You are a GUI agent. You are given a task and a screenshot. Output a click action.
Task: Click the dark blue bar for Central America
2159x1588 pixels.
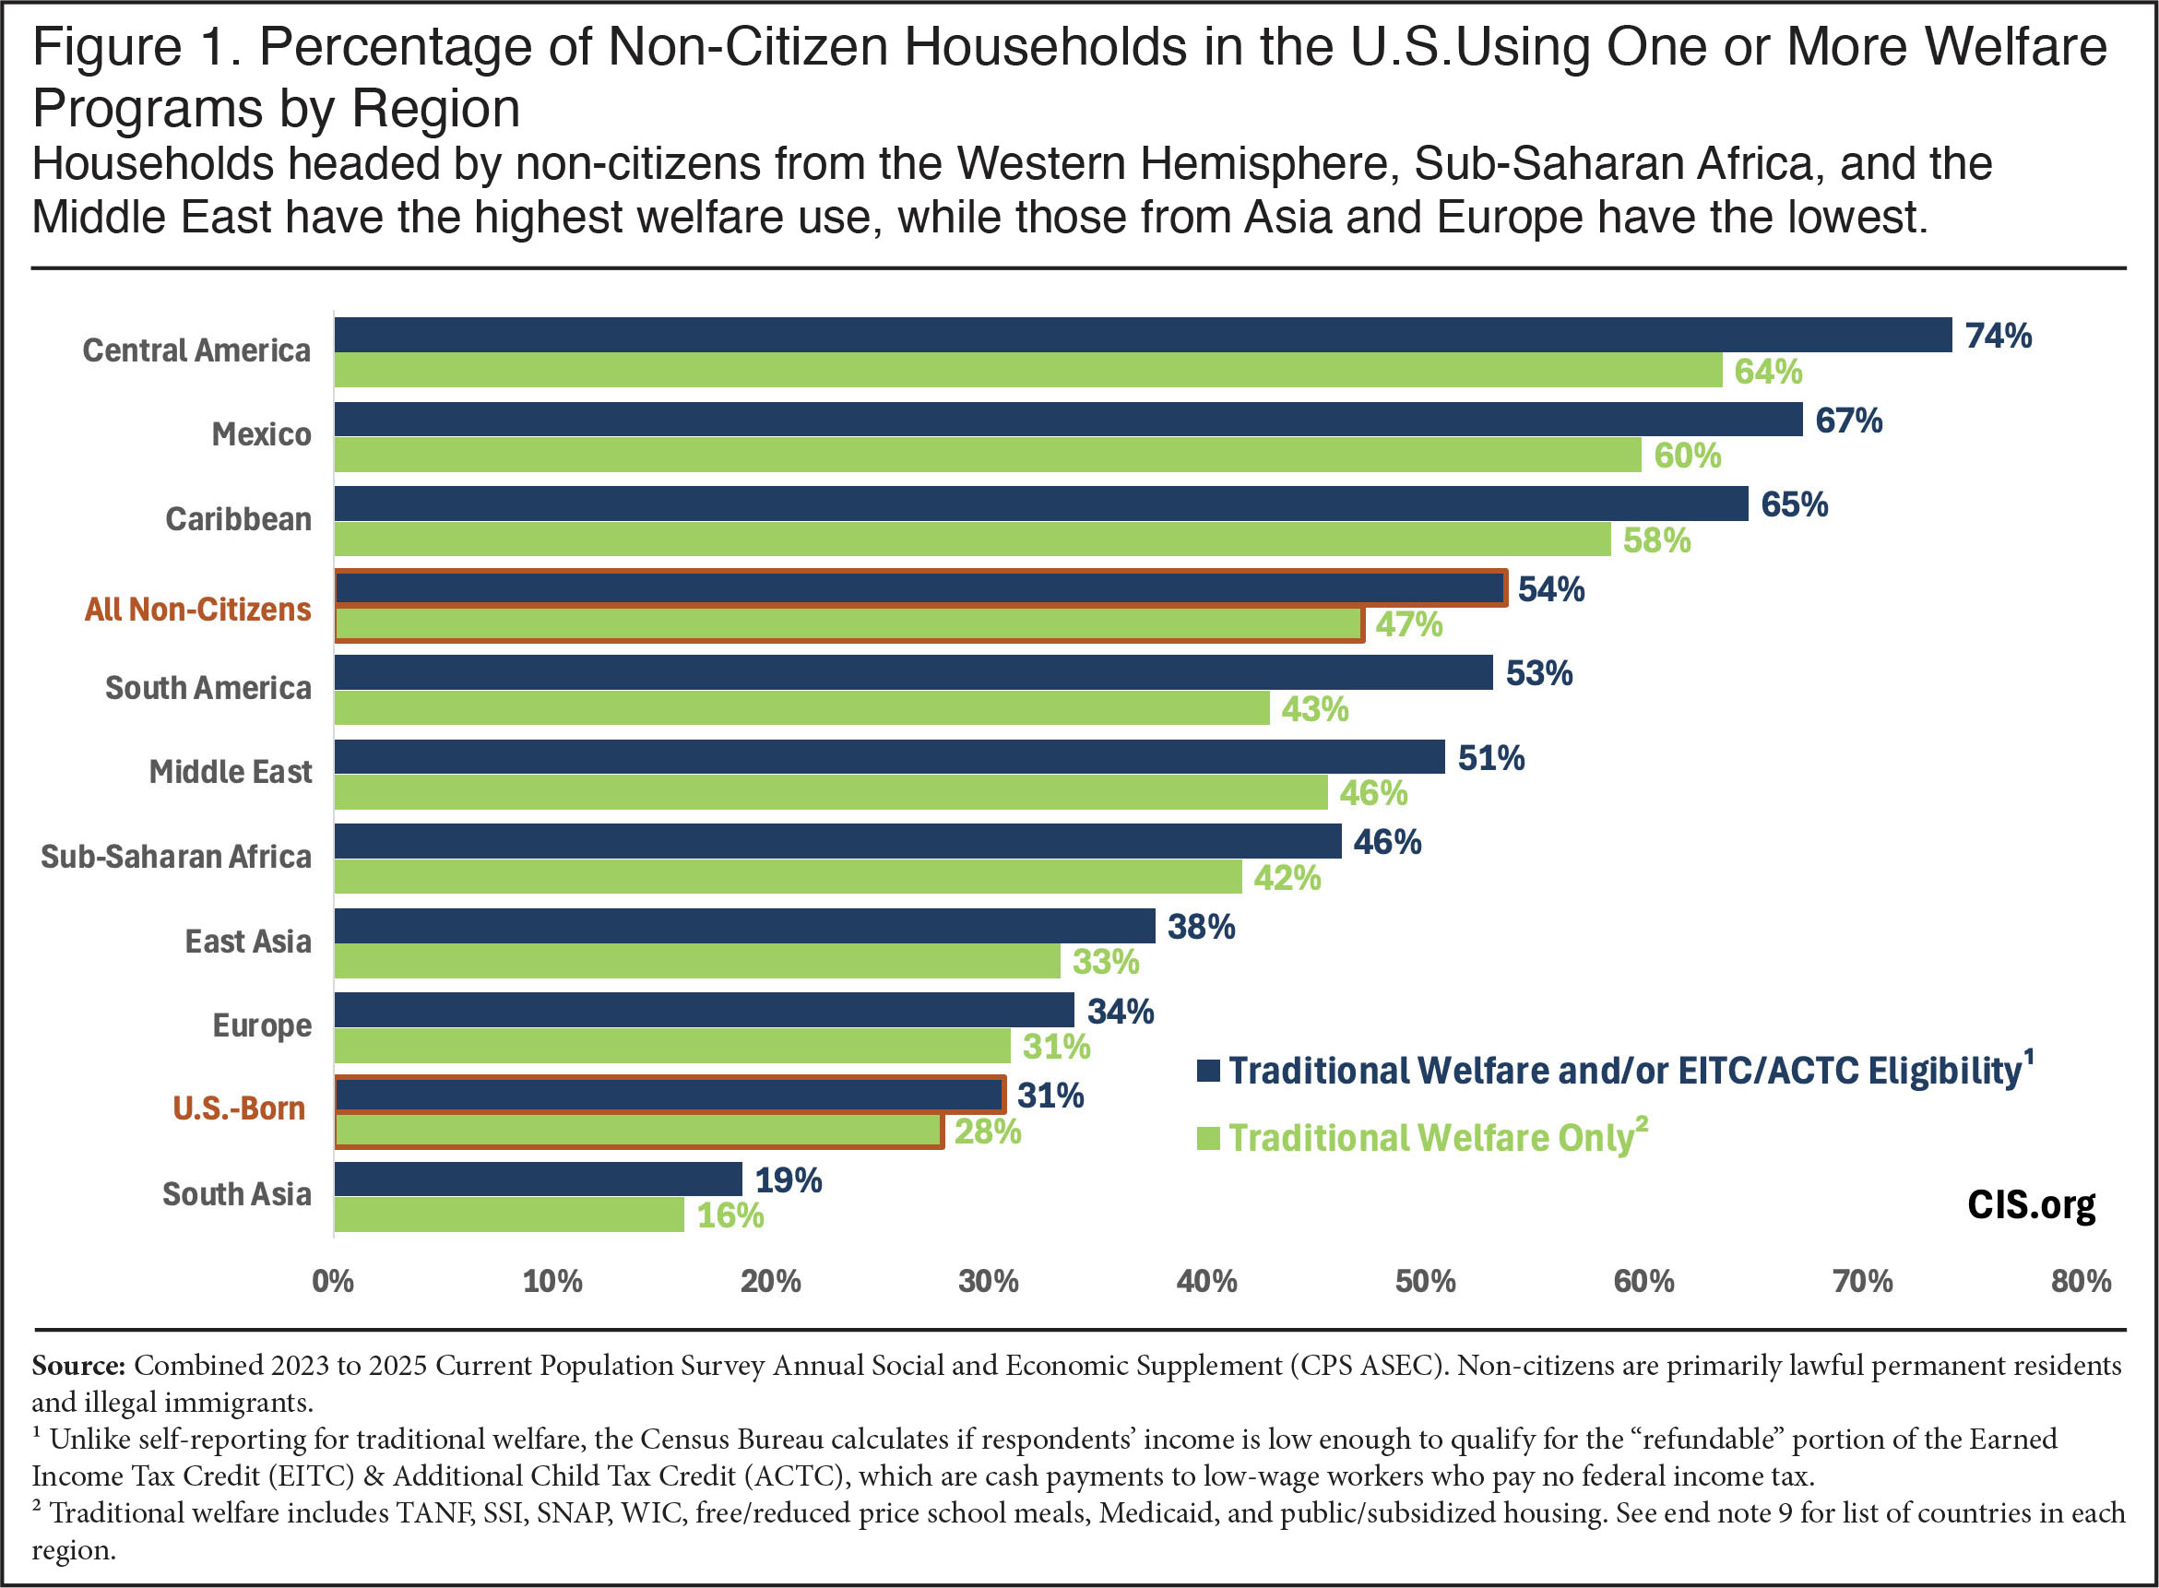pos(1142,336)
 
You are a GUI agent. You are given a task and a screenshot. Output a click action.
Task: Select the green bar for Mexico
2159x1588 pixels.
pos(987,456)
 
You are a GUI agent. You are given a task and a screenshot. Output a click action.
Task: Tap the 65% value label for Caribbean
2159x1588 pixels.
pos(1794,504)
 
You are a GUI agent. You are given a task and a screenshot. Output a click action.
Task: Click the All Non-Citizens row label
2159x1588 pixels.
pos(198,610)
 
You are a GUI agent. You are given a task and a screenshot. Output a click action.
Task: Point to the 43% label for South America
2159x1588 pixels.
pos(1314,709)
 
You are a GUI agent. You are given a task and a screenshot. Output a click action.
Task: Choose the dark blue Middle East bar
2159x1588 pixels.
pos(889,756)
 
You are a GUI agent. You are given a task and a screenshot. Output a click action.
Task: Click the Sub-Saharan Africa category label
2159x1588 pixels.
pos(176,857)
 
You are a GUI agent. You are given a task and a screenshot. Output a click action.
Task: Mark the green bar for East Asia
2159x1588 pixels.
pos(697,961)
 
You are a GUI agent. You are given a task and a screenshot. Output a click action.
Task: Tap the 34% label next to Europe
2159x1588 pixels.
pos(1120,1012)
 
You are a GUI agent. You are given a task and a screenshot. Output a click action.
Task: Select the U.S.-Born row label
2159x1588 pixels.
pos(238,1108)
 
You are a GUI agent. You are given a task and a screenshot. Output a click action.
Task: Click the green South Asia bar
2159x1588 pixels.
pos(508,1215)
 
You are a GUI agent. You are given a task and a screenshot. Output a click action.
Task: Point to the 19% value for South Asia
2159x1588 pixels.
pos(789,1180)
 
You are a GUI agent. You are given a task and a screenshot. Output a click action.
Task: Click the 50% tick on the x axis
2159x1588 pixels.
pos(1426,1281)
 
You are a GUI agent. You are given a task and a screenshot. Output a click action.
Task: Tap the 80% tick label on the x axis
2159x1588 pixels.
pos(2082,1281)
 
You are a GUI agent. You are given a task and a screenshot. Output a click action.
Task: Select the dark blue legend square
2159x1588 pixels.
pos(1208,1071)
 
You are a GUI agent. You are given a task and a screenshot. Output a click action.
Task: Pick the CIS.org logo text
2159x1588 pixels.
pos(2031,1204)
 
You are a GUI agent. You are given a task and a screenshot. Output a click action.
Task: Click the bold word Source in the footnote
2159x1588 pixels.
pos(77,1366)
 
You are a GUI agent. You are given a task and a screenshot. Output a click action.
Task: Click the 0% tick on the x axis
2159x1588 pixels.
pos(333,1281)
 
